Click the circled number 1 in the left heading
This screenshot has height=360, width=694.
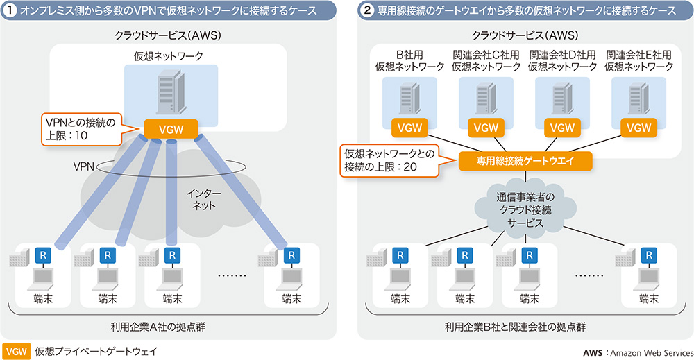click(12, 10)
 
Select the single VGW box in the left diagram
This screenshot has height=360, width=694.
click(171, 128)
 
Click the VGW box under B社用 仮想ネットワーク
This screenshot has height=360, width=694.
click(409, 128)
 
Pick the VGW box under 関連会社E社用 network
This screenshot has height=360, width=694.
click(639, 128)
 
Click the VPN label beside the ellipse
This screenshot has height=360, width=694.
click(84, 166)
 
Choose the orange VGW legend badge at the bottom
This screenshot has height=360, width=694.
click(16, 351)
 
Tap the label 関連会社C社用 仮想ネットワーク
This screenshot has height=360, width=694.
click(486, 60)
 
